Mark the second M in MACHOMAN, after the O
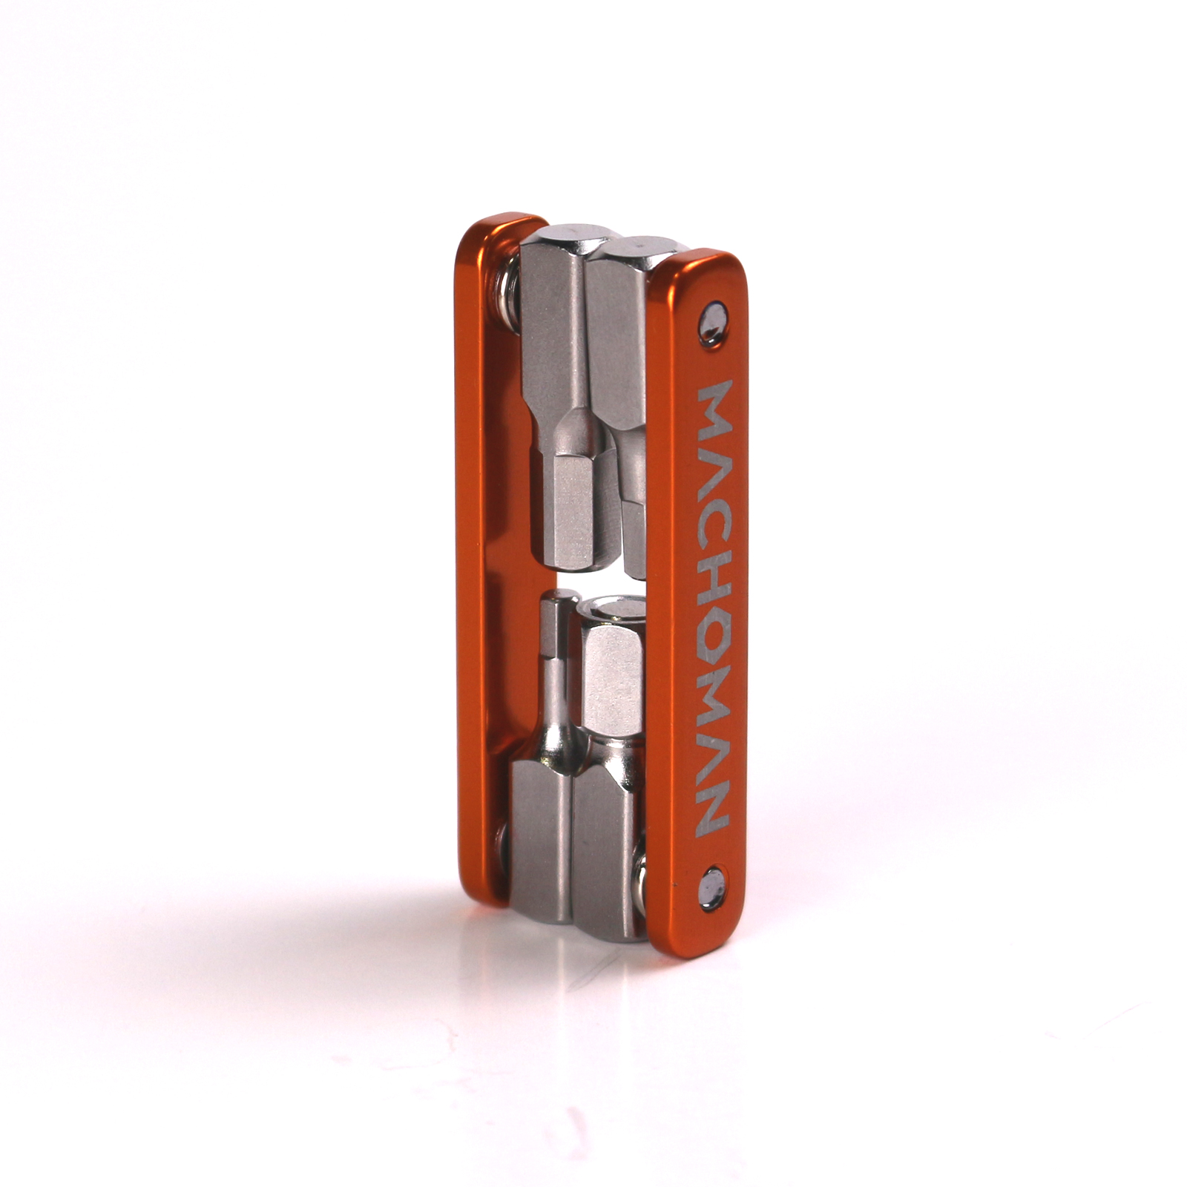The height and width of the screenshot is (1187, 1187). tap(714, 695)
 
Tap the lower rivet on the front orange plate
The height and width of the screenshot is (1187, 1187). tap(713, 888)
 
